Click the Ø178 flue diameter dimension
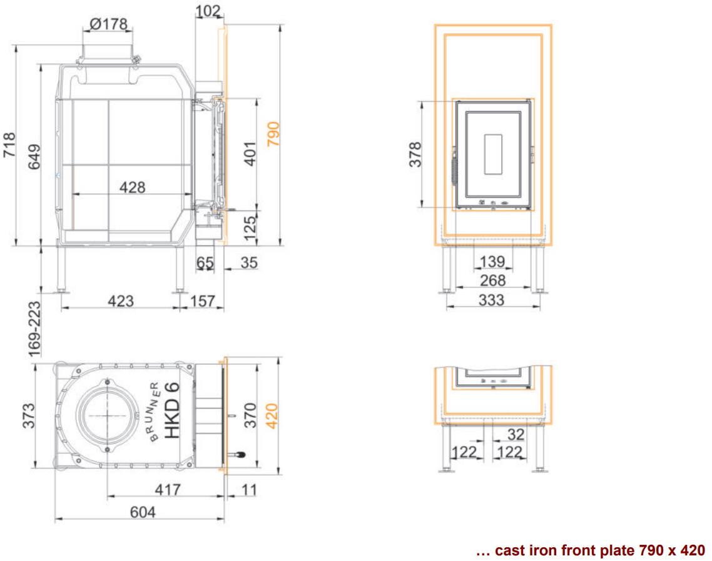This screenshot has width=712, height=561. [x=109, y=24]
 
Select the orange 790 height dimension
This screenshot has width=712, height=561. [x=273, y=134]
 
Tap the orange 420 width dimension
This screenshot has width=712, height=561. [x=272, y=415]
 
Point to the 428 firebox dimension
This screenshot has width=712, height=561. [x=132, y=187]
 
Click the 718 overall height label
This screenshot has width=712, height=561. [x=9, y=145]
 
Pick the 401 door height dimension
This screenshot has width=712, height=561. [x=250, y=154]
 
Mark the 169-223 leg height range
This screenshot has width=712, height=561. [x=34, y=330]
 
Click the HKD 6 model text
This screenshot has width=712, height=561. [x=173, y=410]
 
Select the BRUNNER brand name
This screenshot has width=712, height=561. [x=155, y=412]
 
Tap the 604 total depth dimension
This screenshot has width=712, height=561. [x=143, y=512]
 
